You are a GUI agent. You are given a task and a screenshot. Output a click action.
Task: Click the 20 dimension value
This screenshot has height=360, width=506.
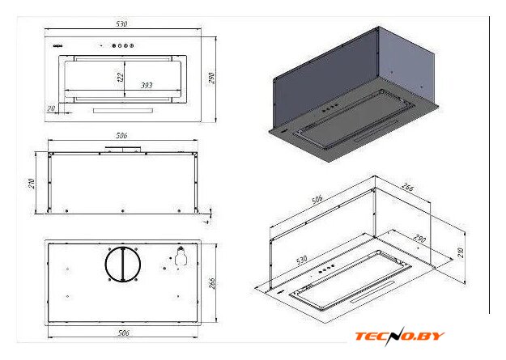pos(52,108)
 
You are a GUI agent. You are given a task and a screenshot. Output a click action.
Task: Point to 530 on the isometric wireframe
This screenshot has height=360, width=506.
pos(301,260)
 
